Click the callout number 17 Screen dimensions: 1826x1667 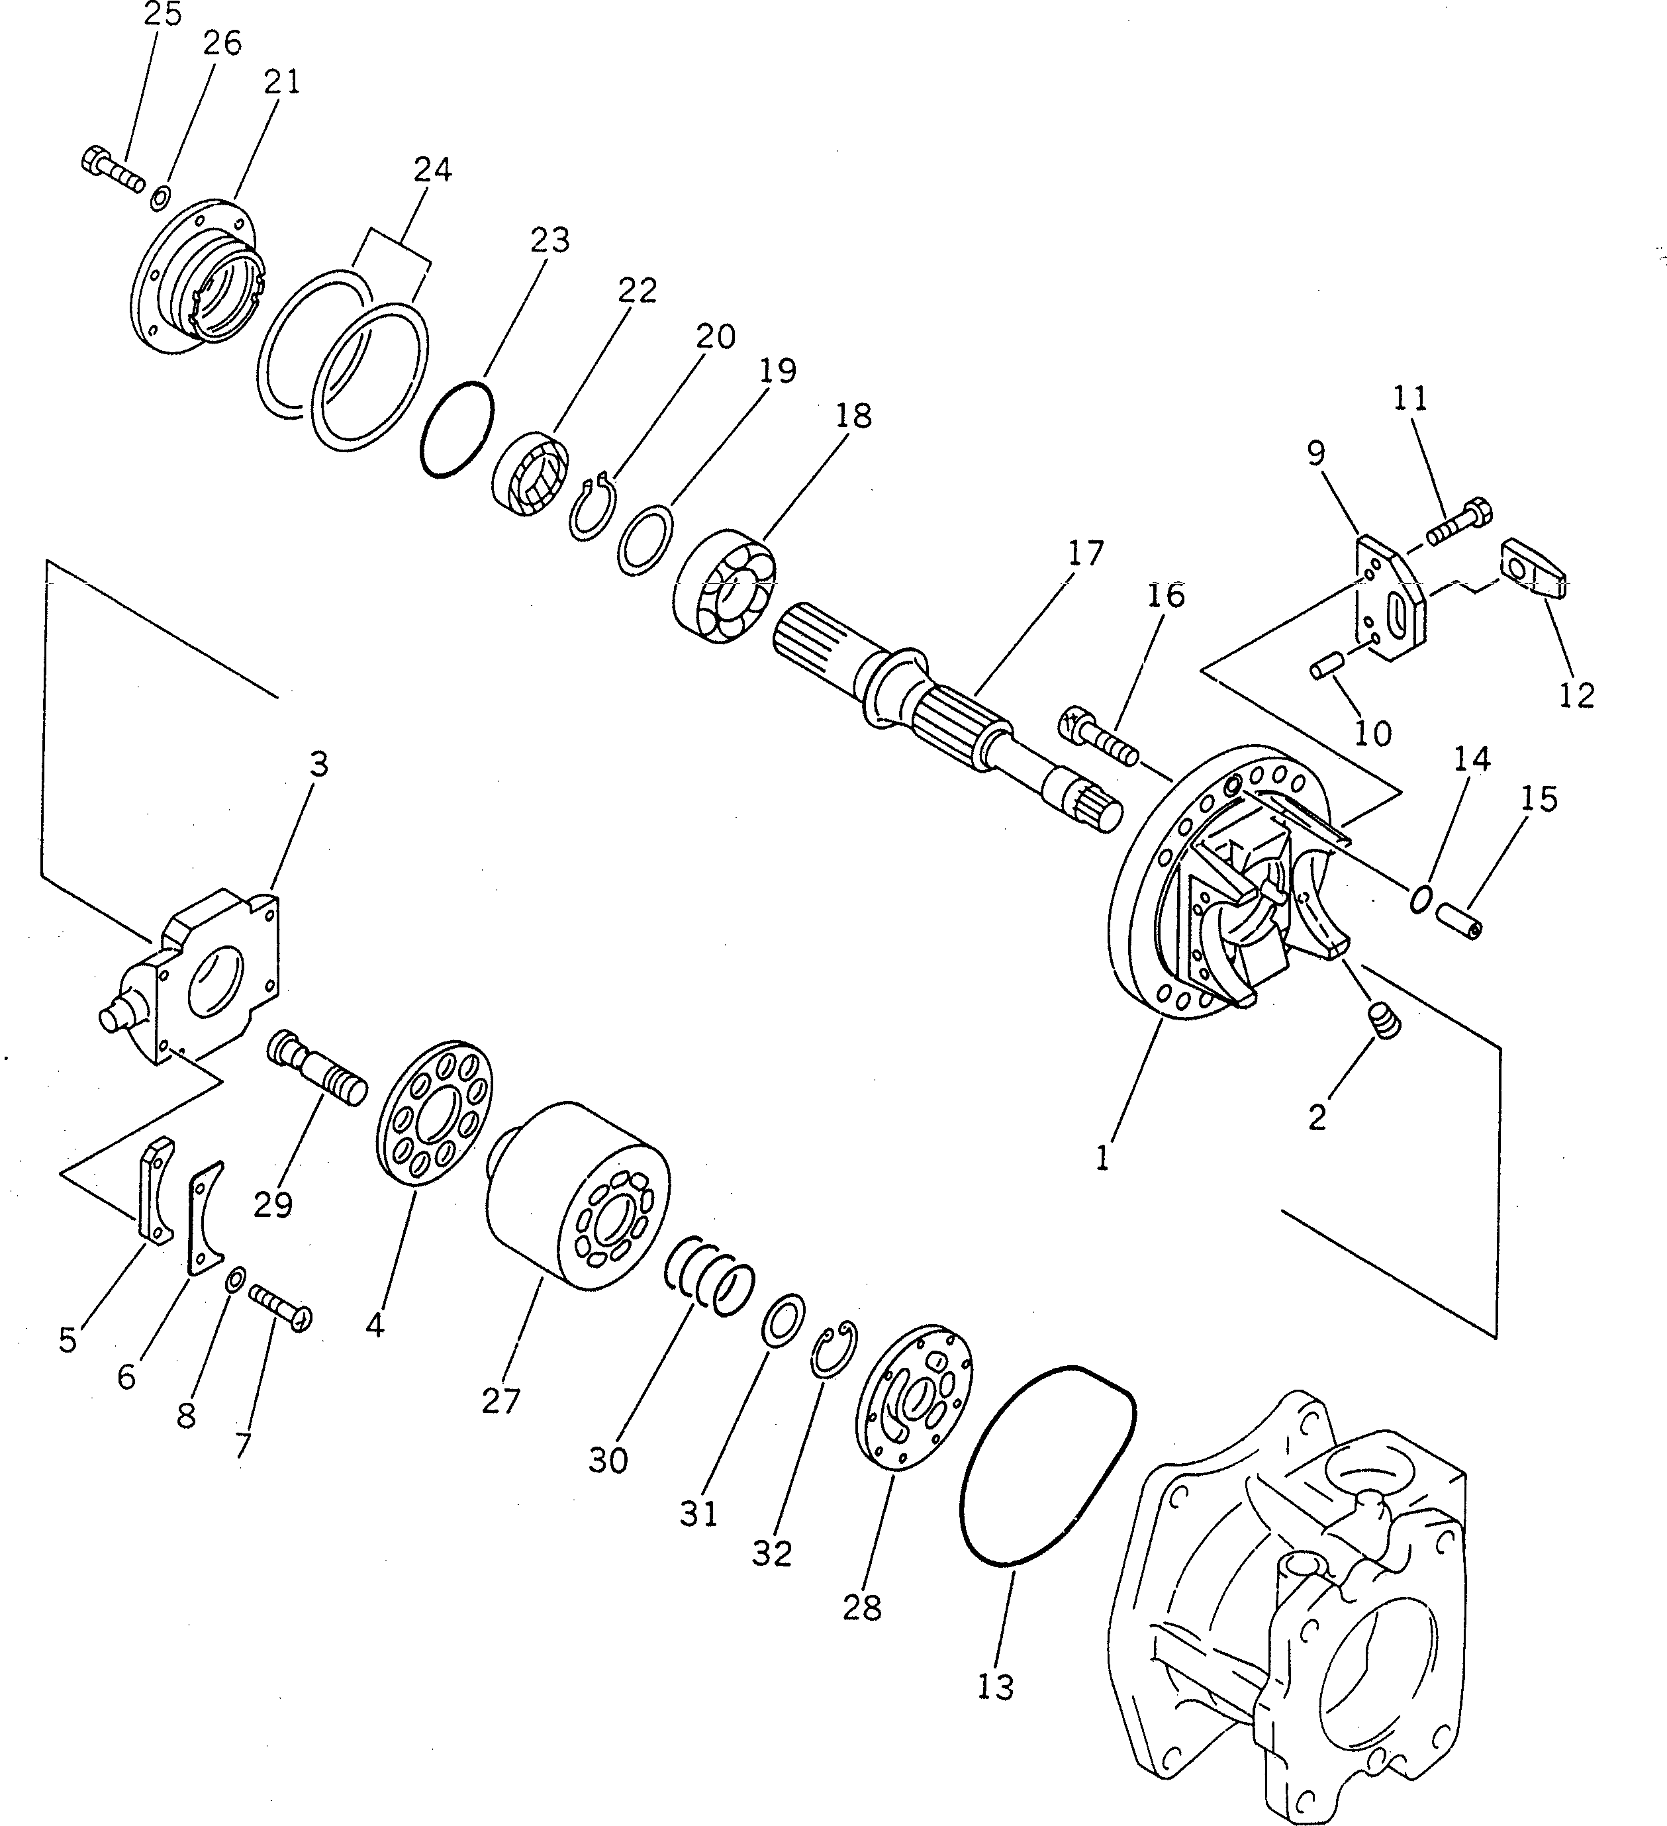pyautogui.click(x=1086, y=553)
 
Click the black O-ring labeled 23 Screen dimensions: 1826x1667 pyautogui.click(x=457, y=428)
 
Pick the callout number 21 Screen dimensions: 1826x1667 pyautogui.click(x=281, y=81)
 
